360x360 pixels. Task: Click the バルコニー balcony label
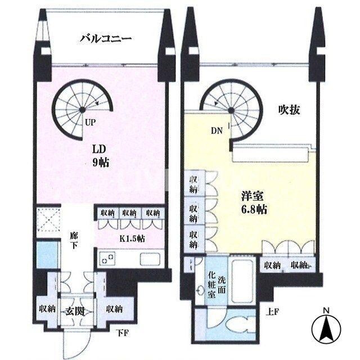click(x=105, y=39)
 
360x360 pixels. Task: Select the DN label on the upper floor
click(x=217, y=131)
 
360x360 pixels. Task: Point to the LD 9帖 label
click(x=101, y=156)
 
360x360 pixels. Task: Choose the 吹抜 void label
click(x=289, y=110)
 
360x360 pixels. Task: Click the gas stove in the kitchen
click(x=107, y=259)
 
